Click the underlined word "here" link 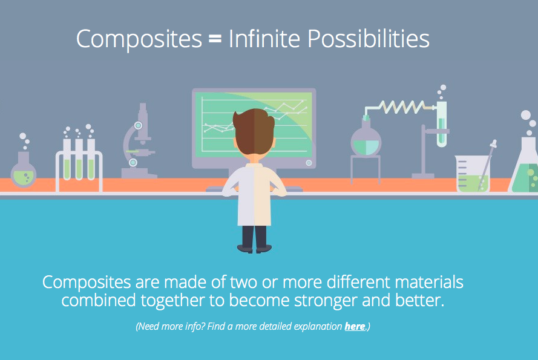(x=355, y=326)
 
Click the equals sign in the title (x=215, y=39)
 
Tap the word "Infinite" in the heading (x=264, y=38)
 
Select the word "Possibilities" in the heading (x=369, y=38)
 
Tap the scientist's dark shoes (x=254, y=249)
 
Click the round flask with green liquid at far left (x=24, y=172)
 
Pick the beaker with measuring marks (x=473, y=173)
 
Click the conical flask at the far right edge (x=524, y=165)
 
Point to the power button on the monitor (x=309, y=163)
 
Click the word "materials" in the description (x=429, y=282)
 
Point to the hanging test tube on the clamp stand (x=442, y=123)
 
